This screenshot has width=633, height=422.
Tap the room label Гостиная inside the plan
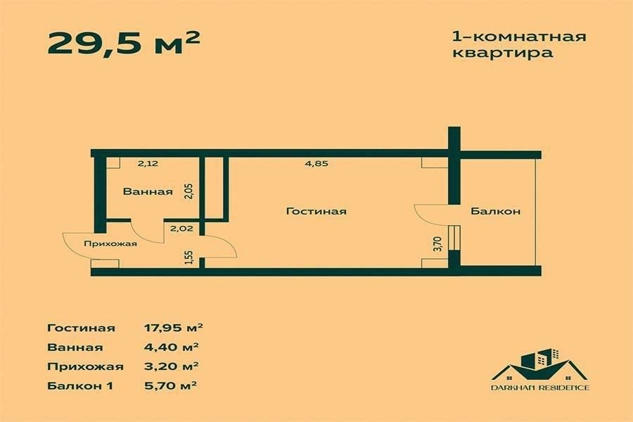pos(316,211)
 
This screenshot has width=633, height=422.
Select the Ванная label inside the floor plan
pos(148,191)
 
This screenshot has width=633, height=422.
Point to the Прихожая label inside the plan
pos(110,244)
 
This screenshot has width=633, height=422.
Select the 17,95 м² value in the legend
pos(172,327)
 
